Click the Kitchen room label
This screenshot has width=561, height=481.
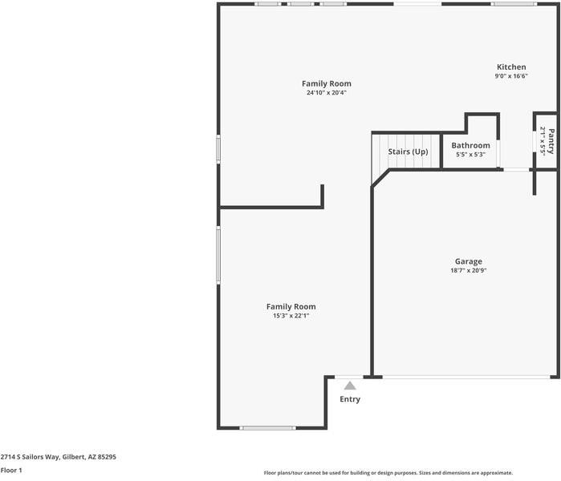click(x=511, y=67)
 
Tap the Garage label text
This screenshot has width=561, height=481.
click(x=469, y=261)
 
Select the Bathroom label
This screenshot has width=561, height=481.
click(x=470, y=145)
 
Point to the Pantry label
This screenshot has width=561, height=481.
click(x=551, y=141)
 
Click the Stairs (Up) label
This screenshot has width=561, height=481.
click(x=408, y=152)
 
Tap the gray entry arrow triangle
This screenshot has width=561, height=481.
click(x=350, y=386)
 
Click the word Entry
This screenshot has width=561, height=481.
click(x=350, y=399)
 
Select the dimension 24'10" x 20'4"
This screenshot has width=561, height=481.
click(x=327, y=92)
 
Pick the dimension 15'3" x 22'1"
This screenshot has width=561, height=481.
click(x=291, y=316)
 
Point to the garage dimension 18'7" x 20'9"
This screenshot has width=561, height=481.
click(x=469, y=270)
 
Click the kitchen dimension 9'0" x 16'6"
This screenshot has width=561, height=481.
click(x=511, y=76)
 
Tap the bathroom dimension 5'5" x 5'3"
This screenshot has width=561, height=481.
click(x=470, y=155)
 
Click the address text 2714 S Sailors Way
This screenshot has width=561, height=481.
click(x=30, y=457)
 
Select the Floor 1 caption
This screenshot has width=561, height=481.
click(x=11, y=471)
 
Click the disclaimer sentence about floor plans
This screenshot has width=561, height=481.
click(x=388, y=473)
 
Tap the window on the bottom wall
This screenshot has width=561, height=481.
click(x=267, y=428)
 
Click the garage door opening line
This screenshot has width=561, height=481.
click(x=466, y=377)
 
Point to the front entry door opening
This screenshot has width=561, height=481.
click(x=349, y=377)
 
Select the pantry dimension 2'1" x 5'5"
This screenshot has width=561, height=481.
click(x=543, y=141)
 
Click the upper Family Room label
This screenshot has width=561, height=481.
click(x=327, y=83)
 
